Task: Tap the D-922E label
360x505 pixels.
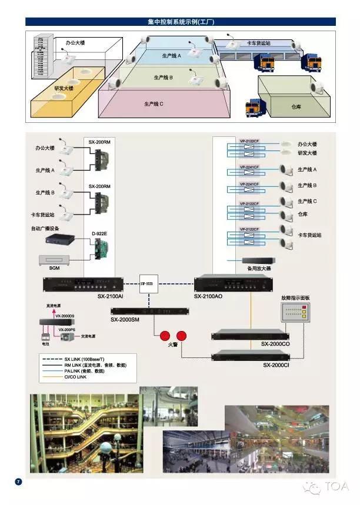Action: point(98,234)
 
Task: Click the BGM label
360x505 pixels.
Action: point(54,267)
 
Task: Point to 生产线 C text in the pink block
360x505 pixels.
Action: point(154,104)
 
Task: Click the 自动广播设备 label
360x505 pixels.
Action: point(45,228)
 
